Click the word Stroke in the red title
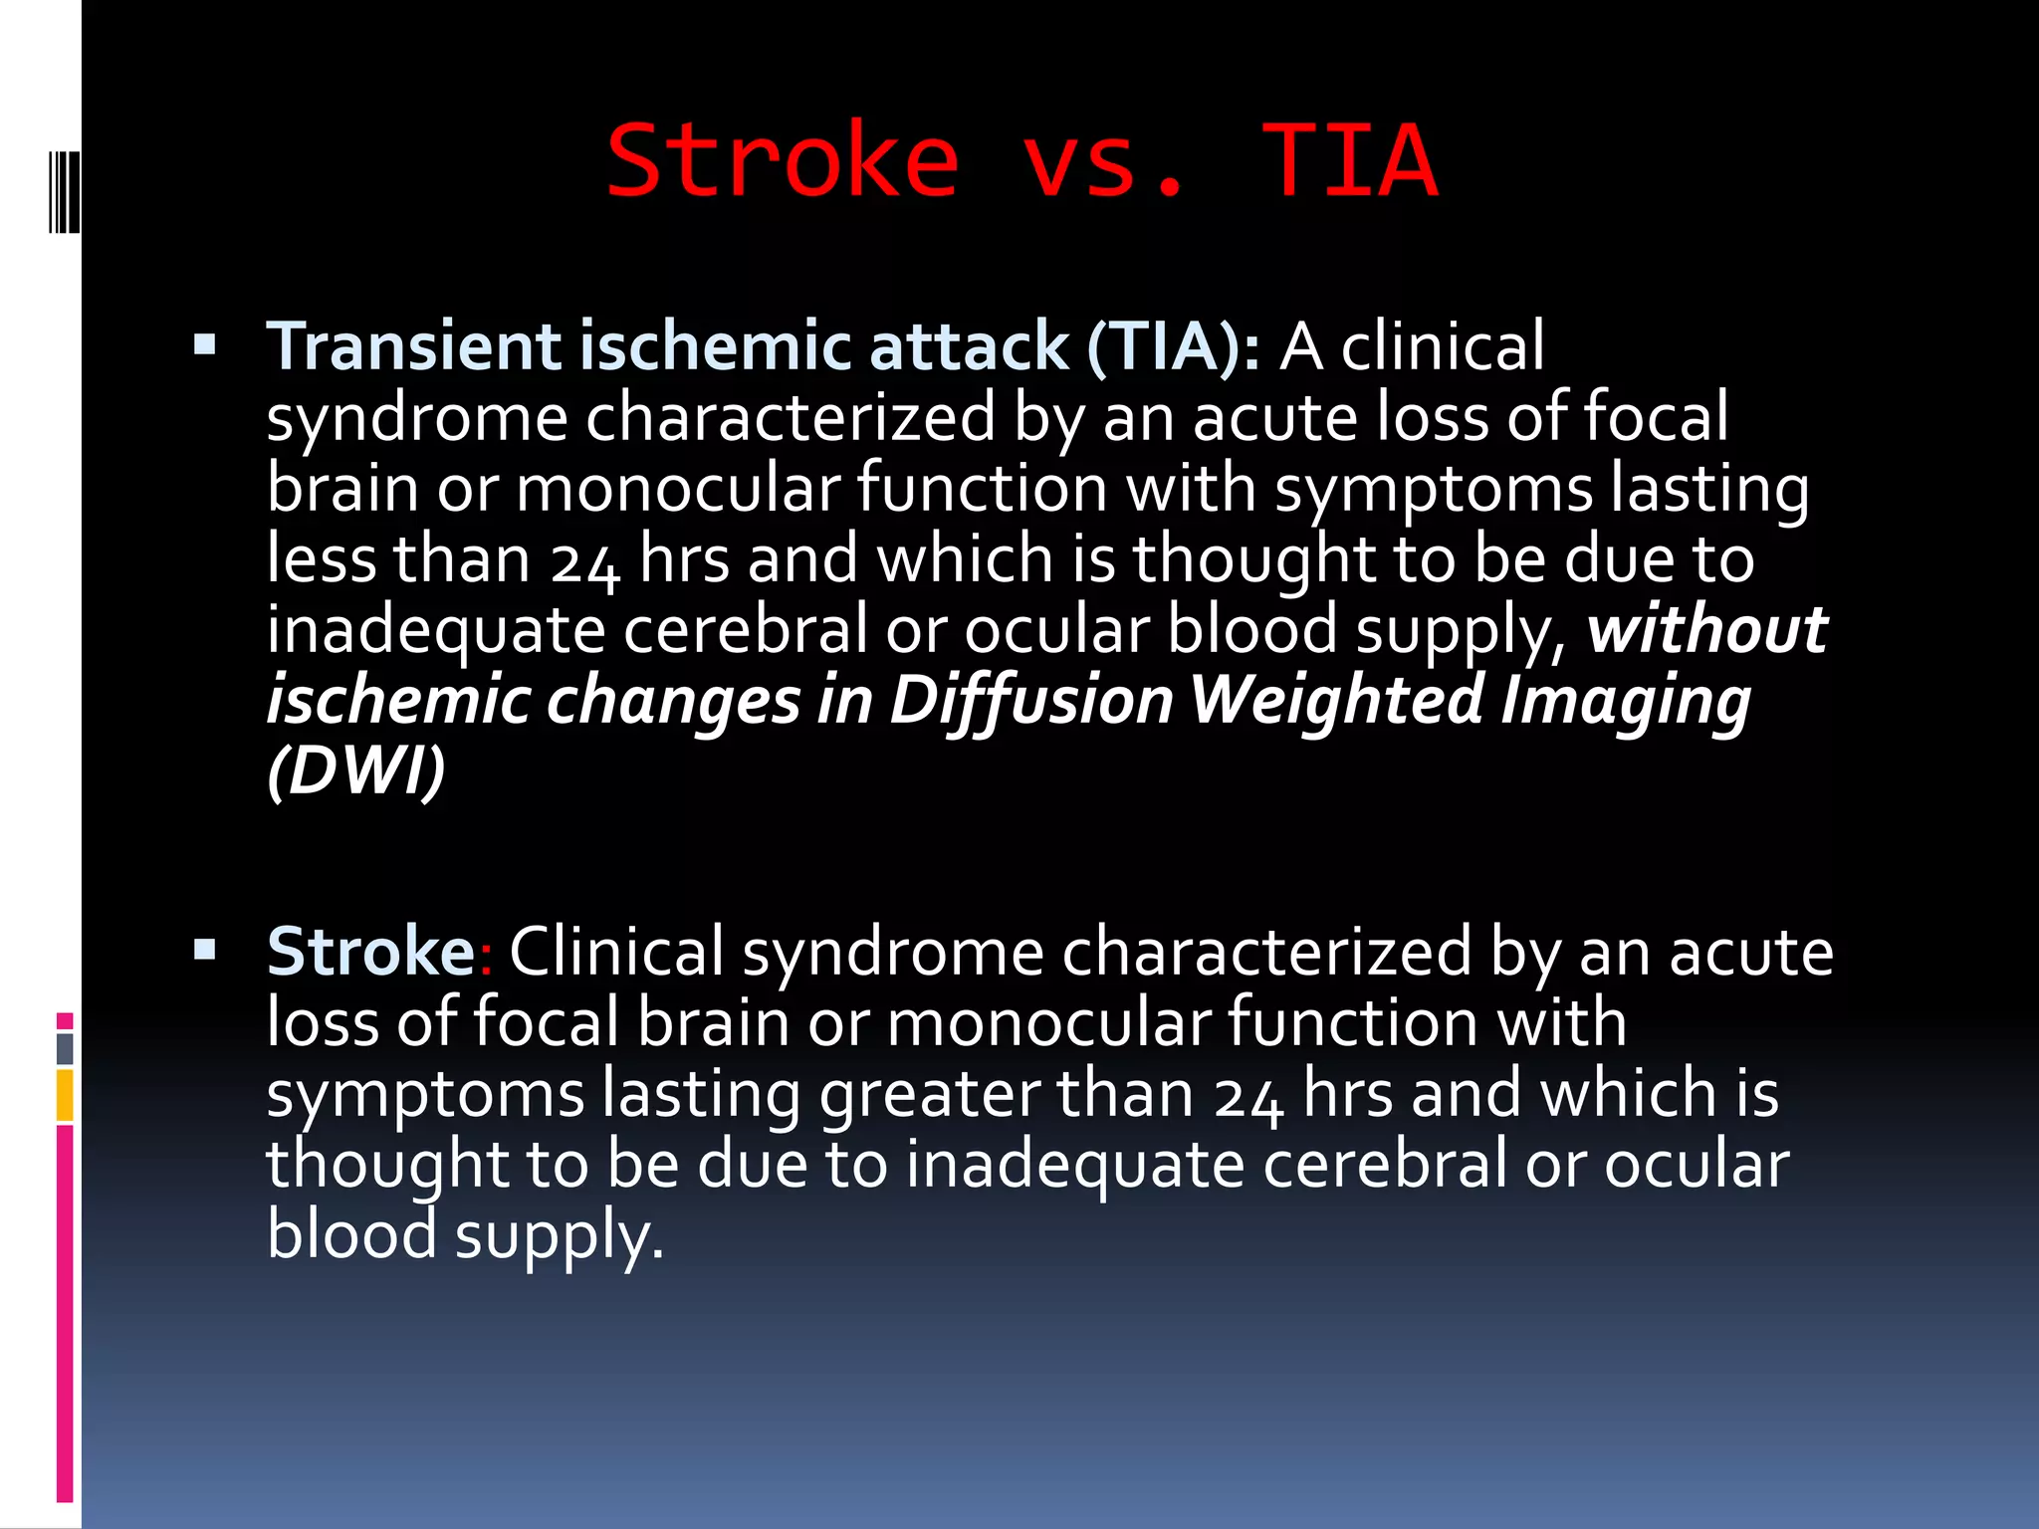[x=783, y=160]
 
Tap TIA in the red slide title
[x=1349, y=160]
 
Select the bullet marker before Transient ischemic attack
[x=205, y=345]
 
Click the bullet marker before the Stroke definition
[x=205, y=950]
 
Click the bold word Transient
[x=413, y=345]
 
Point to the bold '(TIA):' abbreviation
[x=1173, y=345]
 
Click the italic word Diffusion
[x=1031, y=700]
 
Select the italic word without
[x=1706, y=629]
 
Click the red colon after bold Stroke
[x=486, y=956]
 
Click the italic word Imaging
[x=1625, y=700]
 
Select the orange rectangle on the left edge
[x=65, y=1095]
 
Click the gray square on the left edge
[x=65, y=1048]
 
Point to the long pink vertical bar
[x=65, y=1314]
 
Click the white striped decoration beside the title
[x=65, y=190]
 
